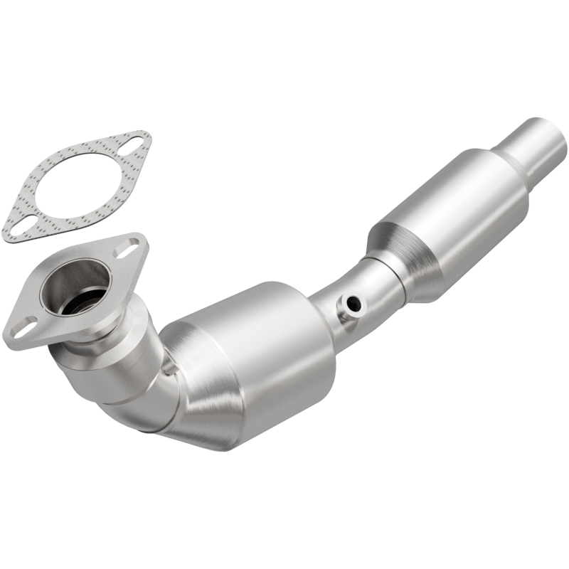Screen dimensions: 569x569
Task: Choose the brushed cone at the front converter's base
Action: tap(206, 398)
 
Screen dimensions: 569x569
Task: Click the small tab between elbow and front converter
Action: tap(169, 367)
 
